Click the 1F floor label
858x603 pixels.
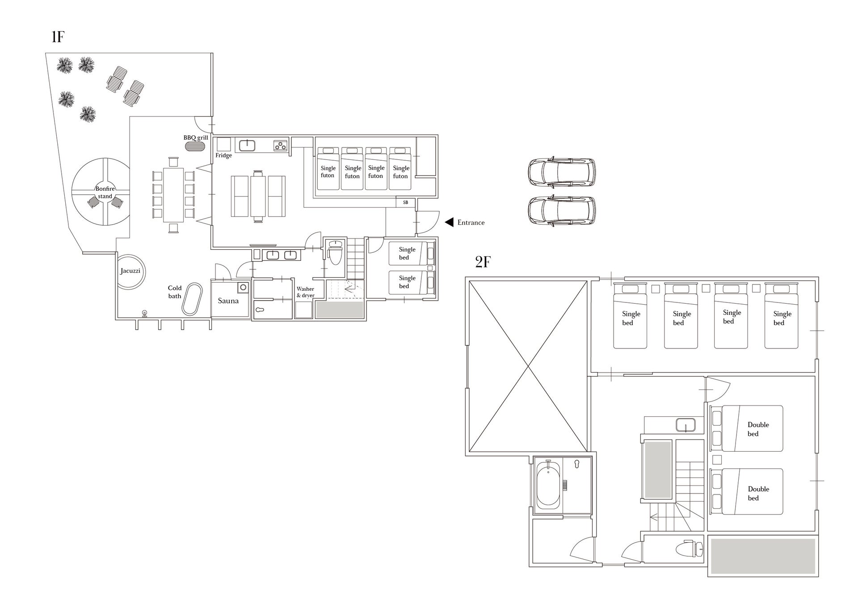pos(58,37)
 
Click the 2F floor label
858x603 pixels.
pos(483,262)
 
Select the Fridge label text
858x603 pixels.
pos(223,155)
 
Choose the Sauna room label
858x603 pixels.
pos(228,301)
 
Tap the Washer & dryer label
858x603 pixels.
pos(306,292)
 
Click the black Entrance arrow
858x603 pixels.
pos(449,222)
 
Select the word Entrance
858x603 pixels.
pos(471,222)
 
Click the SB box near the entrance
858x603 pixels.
pos(405,203)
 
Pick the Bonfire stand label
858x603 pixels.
pos(105,193)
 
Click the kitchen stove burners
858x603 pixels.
pos(281,145)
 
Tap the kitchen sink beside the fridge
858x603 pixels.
pos(247,145)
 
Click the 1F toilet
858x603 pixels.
pos(335,252)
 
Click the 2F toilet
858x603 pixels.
pos(689,549)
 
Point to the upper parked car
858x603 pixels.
pos(562,172)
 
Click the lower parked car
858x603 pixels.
pos(562,210)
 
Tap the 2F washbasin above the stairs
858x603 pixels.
pos(686,425)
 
